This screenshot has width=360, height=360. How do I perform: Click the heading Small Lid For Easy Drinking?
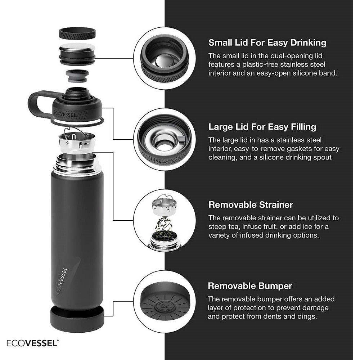point(267,42)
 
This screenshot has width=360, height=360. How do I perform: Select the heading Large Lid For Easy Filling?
point(262,127)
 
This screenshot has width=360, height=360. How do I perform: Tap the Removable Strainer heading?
point(251,205)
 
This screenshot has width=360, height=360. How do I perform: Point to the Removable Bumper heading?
point(250,286)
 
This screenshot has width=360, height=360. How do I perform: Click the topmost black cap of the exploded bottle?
point(77,34)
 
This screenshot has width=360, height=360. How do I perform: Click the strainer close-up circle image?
point(165,221)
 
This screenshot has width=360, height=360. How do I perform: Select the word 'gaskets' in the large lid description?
point(304,149)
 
